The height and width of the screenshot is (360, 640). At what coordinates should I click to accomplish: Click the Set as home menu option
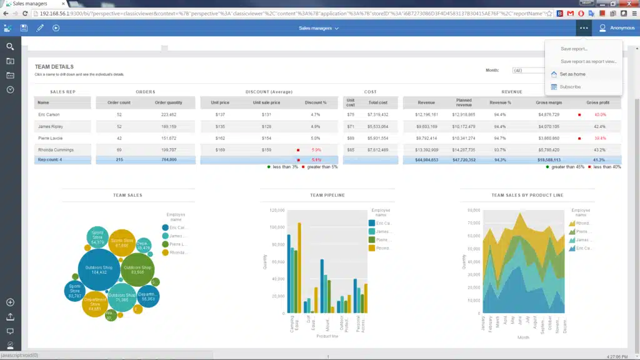point(572,74)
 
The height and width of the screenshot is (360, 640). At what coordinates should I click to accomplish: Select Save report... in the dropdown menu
point(574,49)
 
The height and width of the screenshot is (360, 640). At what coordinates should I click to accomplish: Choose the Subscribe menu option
point(570,87)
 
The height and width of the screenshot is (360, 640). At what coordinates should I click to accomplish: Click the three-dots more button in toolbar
point(584,27)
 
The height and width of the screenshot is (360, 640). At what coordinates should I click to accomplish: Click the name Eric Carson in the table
point(49,114)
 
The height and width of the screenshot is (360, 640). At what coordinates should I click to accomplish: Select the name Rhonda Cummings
point(56,150)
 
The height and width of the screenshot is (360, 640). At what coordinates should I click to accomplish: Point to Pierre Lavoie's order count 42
point(119,138)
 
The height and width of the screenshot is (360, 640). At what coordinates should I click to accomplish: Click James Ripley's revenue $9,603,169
point(426,126)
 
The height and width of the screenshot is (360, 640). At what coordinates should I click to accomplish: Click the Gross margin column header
point(547,102)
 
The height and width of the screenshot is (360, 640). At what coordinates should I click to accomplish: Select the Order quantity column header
point(168,102)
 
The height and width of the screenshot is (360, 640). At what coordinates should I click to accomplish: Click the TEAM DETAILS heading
point(54,67)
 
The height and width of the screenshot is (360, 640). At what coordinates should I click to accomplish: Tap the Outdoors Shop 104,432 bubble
point(98,269)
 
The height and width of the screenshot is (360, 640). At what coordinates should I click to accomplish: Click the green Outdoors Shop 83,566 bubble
point(137,269)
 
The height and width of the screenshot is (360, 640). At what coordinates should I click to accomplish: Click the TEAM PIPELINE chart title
point(327,195)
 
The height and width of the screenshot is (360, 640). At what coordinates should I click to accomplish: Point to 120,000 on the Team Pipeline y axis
point(276,210)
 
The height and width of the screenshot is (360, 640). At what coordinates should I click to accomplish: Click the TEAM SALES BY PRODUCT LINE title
point(527,195)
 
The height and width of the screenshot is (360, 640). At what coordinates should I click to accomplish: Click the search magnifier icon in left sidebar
point(10,47)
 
